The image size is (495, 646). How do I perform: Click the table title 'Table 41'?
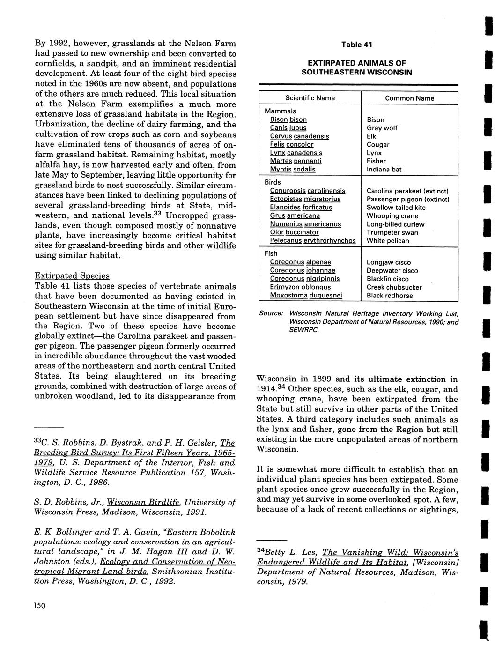(x=356, y=45)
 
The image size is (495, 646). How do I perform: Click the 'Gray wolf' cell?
(x=382, y=128)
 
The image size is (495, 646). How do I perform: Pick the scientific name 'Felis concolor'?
(x=292, y=144)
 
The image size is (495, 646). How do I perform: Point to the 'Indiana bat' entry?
(x=384, y=169)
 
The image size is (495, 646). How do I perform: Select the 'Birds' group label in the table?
(x=273, y=182)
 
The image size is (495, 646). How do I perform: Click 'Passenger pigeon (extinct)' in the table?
(x=408, y=199)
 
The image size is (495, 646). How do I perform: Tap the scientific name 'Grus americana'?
(x=295, y=215)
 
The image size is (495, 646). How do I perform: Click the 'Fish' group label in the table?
(x=271, y=253)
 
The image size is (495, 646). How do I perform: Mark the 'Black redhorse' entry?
(x=389, y=296)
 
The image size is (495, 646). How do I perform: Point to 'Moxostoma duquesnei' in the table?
(x=306, y=296)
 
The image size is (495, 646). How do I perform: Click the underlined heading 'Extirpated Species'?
(x=72, y=276)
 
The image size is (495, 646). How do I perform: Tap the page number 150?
(x=39, y=606)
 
